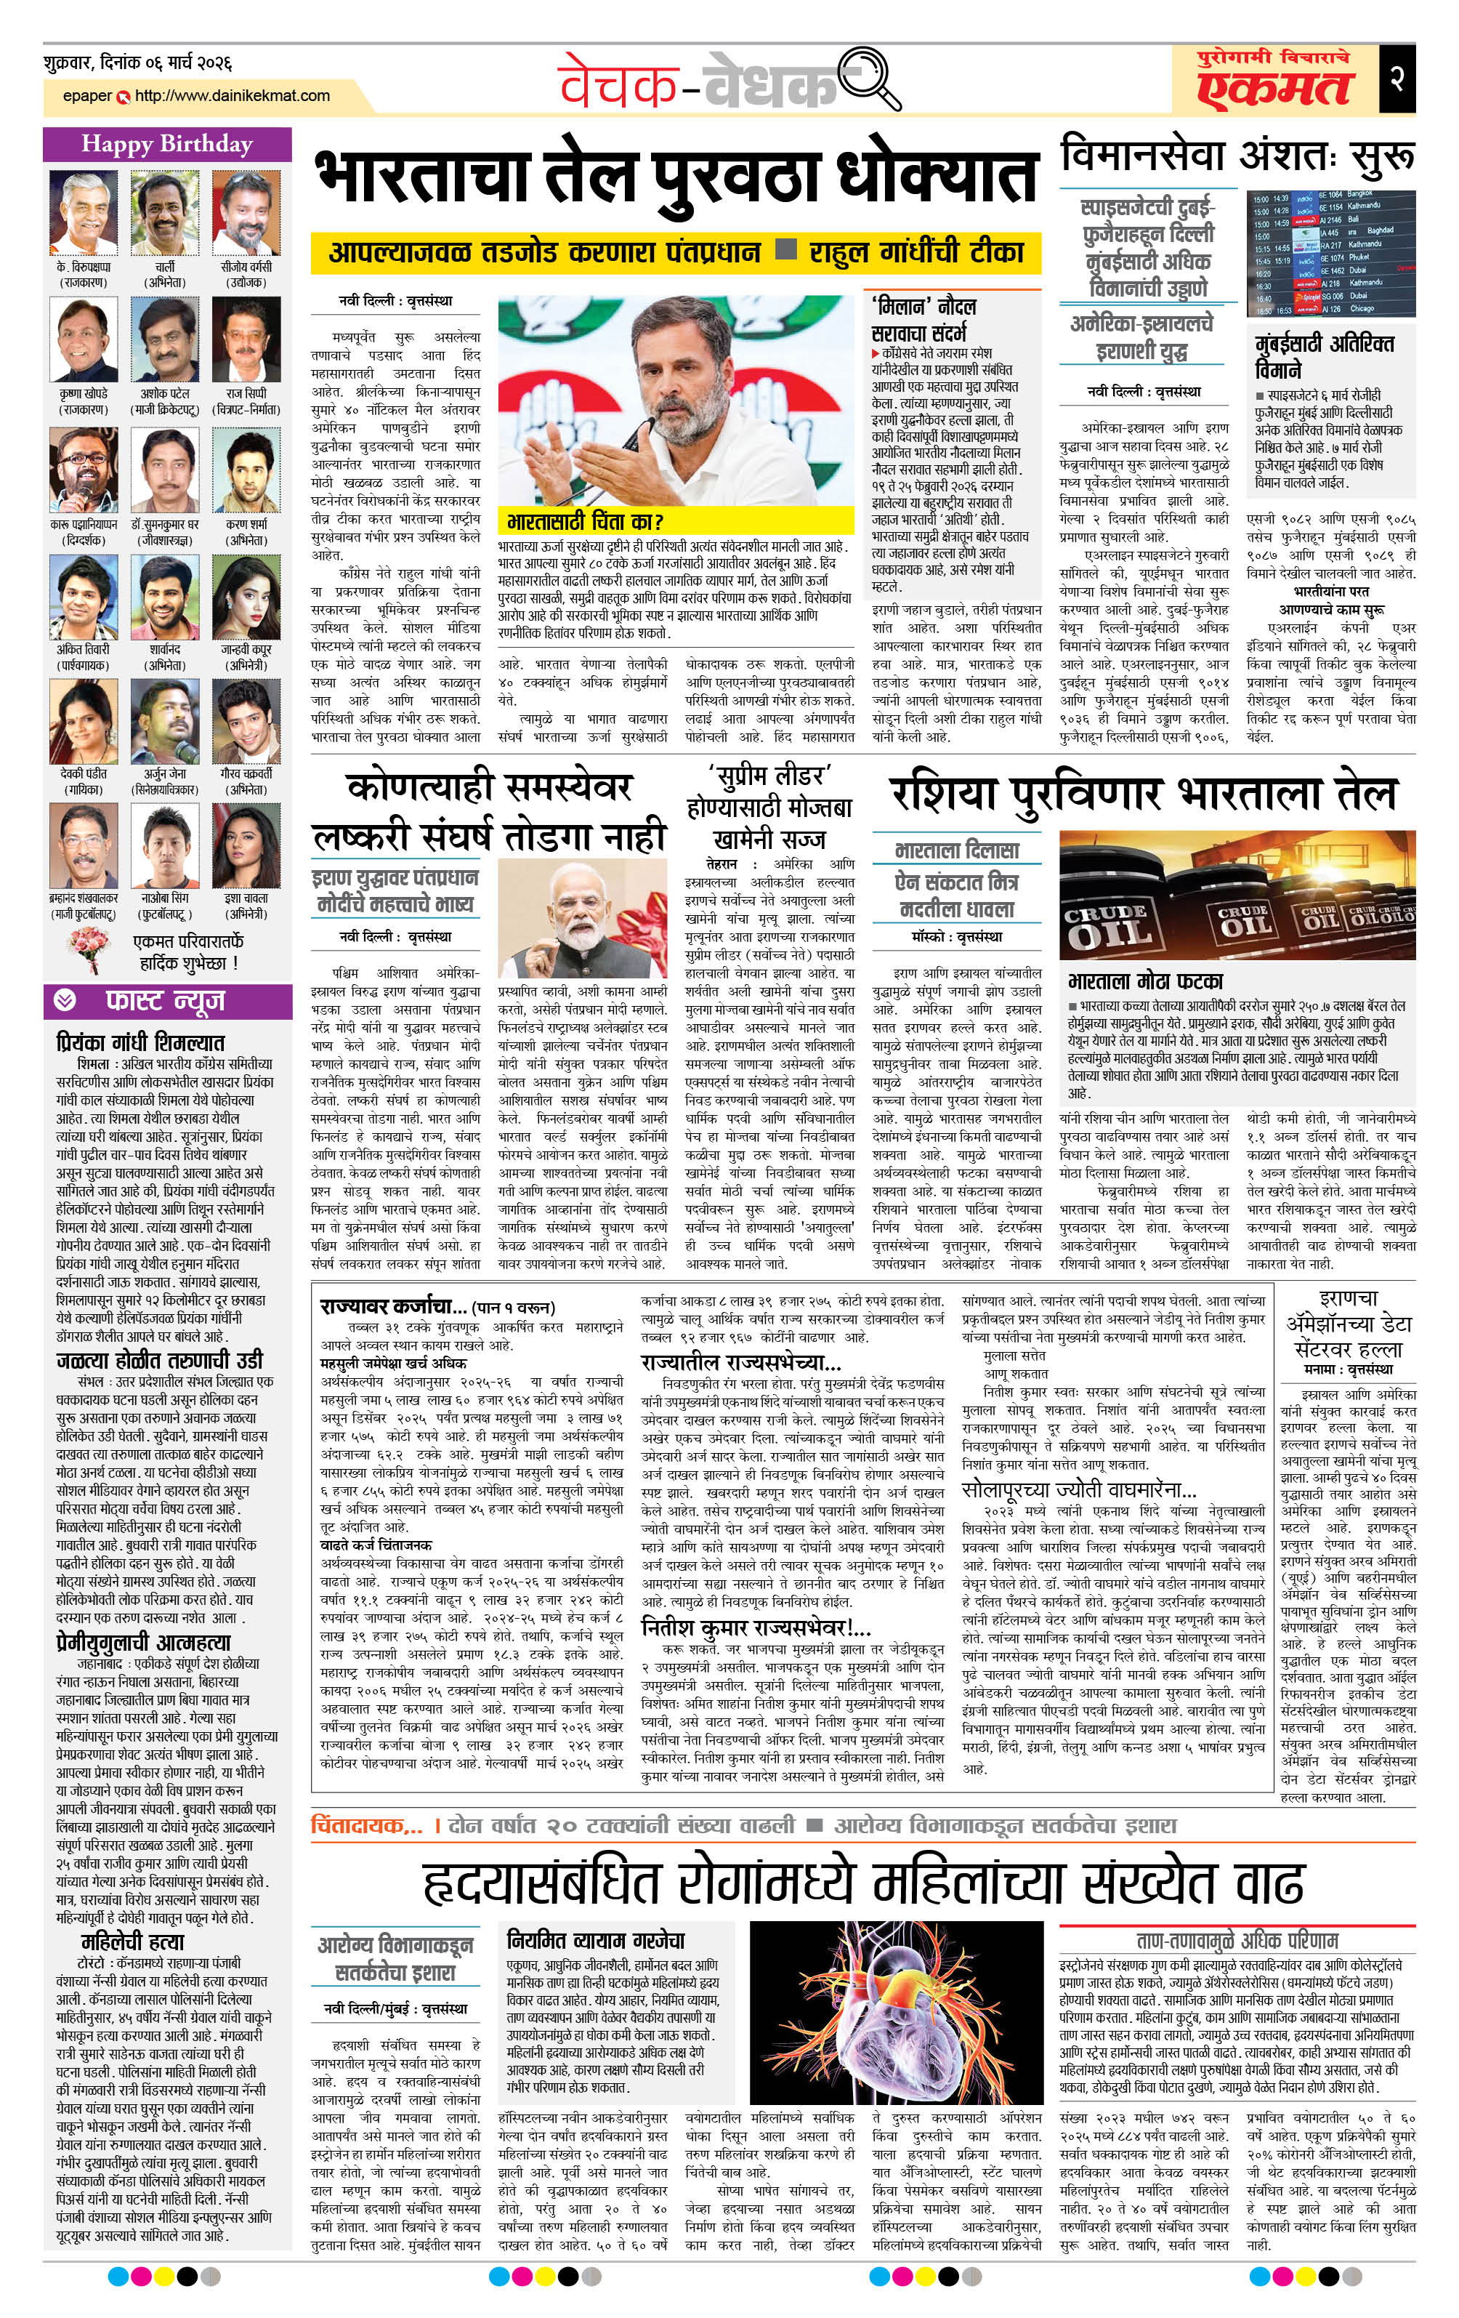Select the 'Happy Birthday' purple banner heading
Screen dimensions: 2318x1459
pyautogui.click(x=166, y=145)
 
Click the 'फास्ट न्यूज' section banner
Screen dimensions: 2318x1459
pyautogui.click(x=166, y=1001)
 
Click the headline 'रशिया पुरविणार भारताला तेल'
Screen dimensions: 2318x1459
pyautogui.click(x=1141, y=795)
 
